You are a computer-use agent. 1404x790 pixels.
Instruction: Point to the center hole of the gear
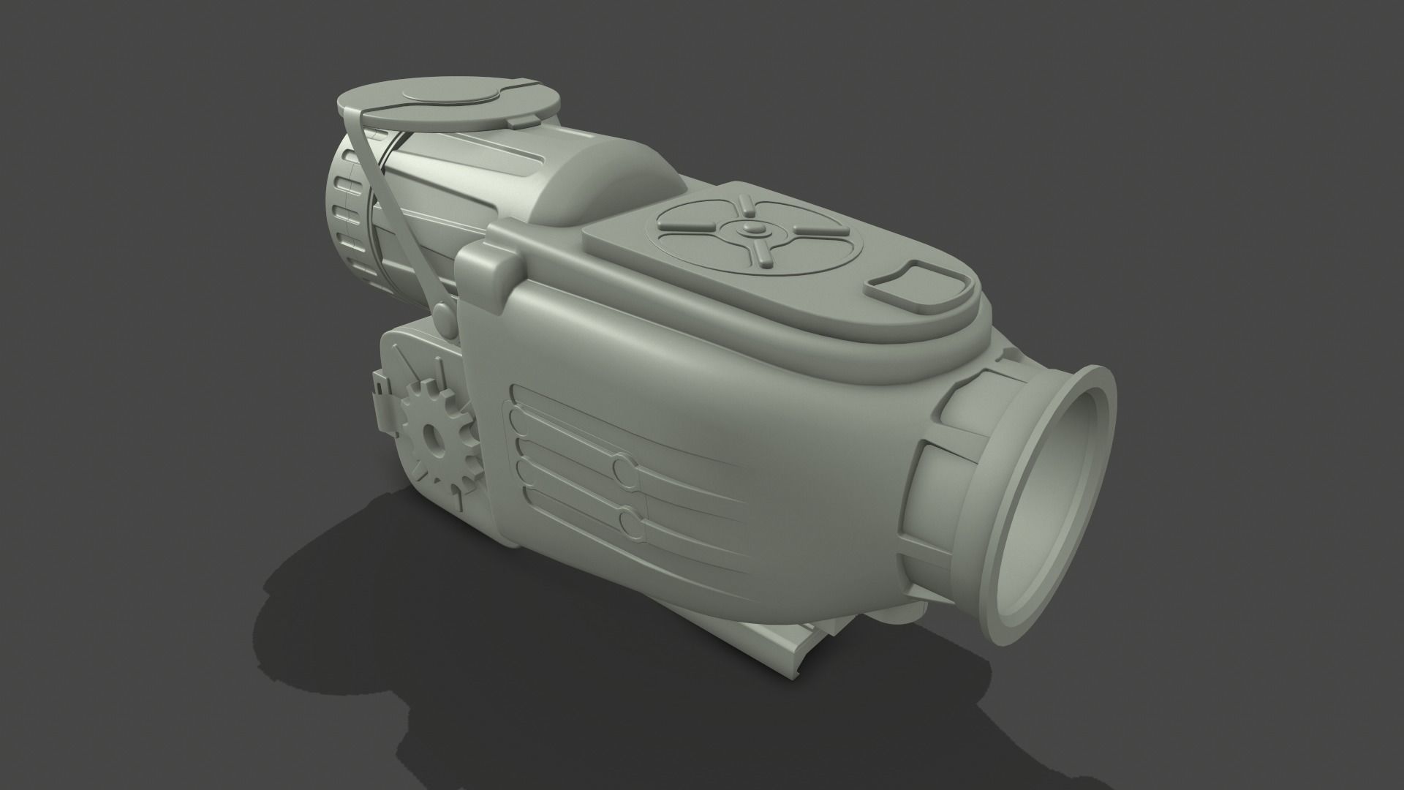tap(433, 438)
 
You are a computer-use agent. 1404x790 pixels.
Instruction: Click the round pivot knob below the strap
tap(443, 317)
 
